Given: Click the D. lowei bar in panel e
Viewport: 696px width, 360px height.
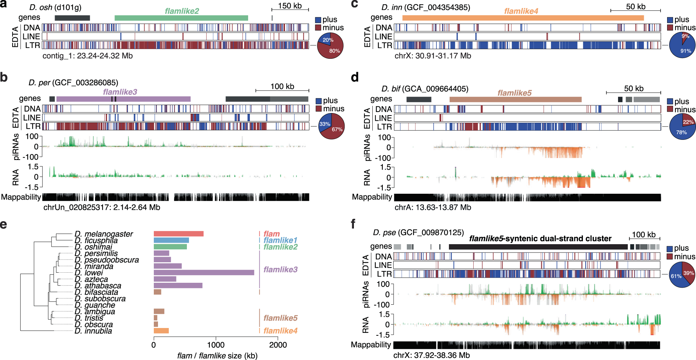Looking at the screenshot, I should (204, 273).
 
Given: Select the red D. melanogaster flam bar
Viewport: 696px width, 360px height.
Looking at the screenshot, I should (179, 234).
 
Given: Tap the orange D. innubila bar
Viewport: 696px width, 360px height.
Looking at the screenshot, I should (161, 331).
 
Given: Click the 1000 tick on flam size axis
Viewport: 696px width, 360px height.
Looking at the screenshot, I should (215, 345).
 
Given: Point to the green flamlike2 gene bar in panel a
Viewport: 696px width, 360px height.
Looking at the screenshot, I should (181, 18).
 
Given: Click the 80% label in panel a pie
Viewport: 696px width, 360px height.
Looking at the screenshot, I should (334, 51).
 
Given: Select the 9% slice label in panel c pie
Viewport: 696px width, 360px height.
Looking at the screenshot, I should (685, 36).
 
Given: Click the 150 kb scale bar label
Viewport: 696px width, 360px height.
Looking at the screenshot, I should (290, 6).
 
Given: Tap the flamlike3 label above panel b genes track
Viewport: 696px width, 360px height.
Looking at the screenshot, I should (120, 92).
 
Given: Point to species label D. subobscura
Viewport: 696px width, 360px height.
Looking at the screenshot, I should (100, 299).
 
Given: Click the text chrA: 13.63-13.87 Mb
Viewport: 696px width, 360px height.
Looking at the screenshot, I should (433, 207).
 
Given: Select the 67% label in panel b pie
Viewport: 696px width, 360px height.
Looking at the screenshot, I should (337, 129).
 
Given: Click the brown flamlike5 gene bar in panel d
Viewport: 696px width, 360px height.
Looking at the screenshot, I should (515, 99).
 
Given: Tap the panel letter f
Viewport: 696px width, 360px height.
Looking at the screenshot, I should (353, 224).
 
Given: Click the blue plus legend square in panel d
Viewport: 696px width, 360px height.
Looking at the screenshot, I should (670, 102).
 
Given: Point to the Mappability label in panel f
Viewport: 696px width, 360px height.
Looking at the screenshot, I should (371, 345).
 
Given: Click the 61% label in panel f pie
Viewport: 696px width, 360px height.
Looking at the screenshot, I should (676, 276).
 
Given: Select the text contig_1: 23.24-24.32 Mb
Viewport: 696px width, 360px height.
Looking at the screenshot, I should (87, 56).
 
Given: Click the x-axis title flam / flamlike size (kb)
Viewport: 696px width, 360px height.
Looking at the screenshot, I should (217, 355).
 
